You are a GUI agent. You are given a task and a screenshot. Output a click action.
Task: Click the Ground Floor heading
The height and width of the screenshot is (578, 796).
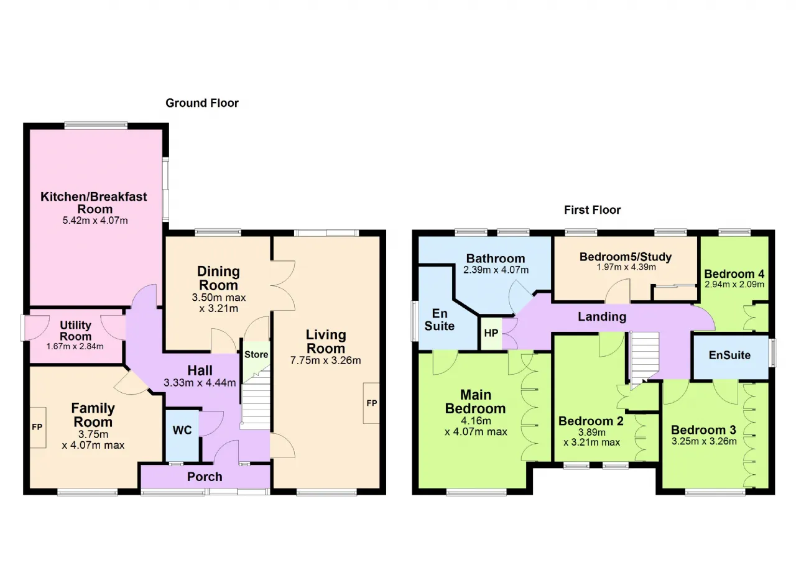tap(202, 103)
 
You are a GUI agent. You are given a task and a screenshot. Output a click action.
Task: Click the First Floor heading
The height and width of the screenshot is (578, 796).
tap(592, 210)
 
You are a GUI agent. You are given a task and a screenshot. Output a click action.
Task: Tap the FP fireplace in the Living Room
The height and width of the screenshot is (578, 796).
tap(371, 403)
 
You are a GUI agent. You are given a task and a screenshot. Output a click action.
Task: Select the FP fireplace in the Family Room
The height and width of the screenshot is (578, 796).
tap(38, 427)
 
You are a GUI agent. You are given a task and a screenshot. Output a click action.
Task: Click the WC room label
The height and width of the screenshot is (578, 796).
tap(182, 430)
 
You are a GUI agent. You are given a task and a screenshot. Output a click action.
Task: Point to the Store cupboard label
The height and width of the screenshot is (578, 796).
tap(256, 354)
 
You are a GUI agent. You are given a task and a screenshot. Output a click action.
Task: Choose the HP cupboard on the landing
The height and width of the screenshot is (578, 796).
tap(491, 333)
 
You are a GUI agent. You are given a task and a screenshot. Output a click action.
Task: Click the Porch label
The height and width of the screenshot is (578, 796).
tap(205, 477)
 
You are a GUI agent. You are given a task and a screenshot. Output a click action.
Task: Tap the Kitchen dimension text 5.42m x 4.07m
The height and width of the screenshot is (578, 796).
tap(95, 220)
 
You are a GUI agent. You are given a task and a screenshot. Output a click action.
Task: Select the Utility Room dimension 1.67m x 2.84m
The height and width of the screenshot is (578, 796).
tap(75, 346)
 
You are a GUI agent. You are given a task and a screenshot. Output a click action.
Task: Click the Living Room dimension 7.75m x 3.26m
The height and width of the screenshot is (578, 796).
tap(325, 360)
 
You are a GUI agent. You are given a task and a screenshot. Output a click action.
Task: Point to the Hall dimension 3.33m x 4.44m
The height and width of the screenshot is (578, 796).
tap(200, 382)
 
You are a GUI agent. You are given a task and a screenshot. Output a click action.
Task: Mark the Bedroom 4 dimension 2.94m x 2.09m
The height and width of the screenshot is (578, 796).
tap(734, 284)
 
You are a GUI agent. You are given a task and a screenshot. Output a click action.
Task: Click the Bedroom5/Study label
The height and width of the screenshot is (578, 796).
tap(626, 256)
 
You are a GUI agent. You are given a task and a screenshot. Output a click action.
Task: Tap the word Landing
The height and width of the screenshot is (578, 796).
tap(602, 316)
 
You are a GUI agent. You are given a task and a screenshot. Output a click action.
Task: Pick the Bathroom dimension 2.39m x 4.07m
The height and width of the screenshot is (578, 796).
tap(496, 270)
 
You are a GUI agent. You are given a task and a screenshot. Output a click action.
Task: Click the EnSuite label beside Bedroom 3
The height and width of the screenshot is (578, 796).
tap(729, 355)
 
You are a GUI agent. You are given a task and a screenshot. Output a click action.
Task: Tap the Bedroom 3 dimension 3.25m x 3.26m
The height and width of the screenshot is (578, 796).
tap(704, 441)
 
